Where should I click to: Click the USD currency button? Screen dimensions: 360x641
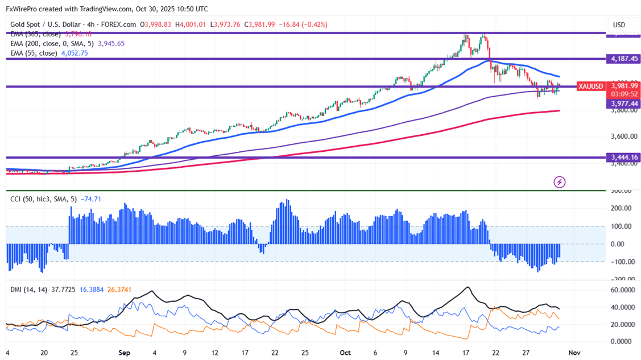point(618,25)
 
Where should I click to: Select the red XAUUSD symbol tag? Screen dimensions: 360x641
point(590,86)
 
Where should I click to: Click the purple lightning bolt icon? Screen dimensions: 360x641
point(560,182)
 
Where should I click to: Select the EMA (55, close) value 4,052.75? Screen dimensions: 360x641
point(74,53)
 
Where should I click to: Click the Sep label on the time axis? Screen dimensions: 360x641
point(125,353)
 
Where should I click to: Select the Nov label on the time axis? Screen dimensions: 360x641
point(574,353)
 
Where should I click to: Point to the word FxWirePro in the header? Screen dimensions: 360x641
point(23,9)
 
